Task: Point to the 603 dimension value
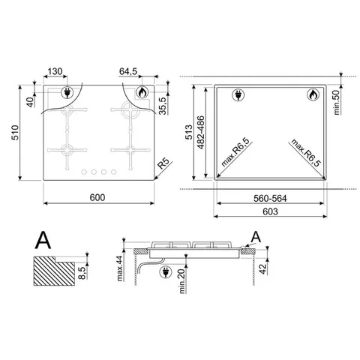pyautogui.click(x=273, y=213)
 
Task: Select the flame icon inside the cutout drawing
pyautogui.click(x=311, y=96)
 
